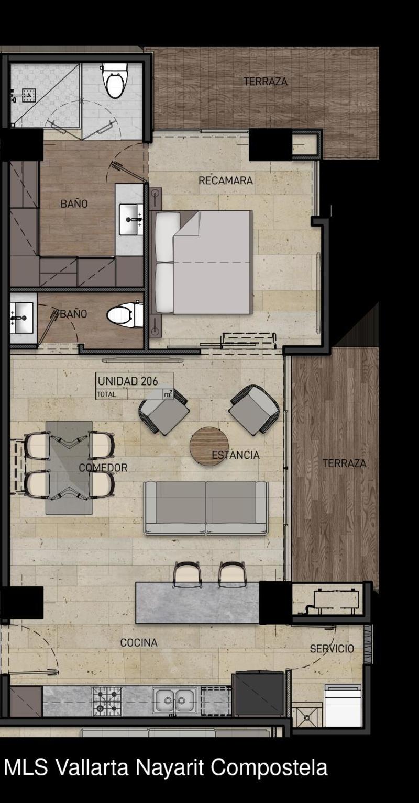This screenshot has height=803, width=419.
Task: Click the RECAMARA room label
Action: [226, 180]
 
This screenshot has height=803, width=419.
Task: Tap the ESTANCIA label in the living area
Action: [236, 455]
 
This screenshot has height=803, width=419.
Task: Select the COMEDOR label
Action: [103, 468]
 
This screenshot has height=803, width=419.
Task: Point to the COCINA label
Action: [139, 643]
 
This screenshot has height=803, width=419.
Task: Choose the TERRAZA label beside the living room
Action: [344, 463]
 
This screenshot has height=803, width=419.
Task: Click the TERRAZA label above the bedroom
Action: [266, 82]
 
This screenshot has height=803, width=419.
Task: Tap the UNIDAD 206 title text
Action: [128, 381]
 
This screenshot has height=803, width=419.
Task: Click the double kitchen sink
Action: [174, 700]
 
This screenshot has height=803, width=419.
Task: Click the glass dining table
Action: [69, 468]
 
